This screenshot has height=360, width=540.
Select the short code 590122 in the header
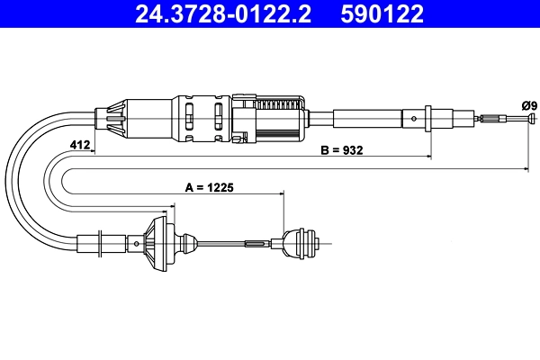click(382, 13)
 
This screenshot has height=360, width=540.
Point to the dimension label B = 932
click(342, 150)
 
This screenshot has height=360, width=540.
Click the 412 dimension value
click(79, 145)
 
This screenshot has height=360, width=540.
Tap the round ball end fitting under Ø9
click(526, 118)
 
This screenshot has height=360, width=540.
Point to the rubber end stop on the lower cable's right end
click(301, 243)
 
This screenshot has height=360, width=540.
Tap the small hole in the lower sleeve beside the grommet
click(136, 243)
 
